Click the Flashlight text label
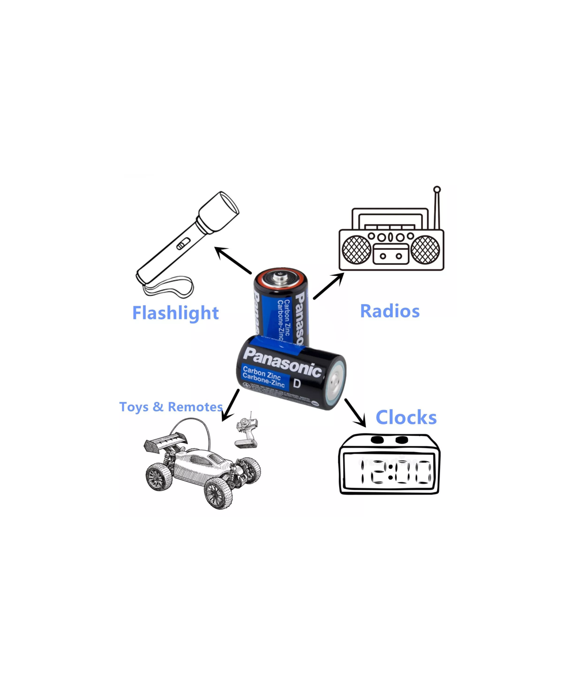175,313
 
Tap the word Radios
389,311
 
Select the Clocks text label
406,417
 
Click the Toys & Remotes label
170,407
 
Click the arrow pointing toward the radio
328,286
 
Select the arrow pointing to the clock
355,412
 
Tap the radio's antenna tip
437,189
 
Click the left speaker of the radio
357,250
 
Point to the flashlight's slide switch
181,244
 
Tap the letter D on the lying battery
297,384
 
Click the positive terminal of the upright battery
282,278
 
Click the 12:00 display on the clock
395,472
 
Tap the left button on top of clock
377,440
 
